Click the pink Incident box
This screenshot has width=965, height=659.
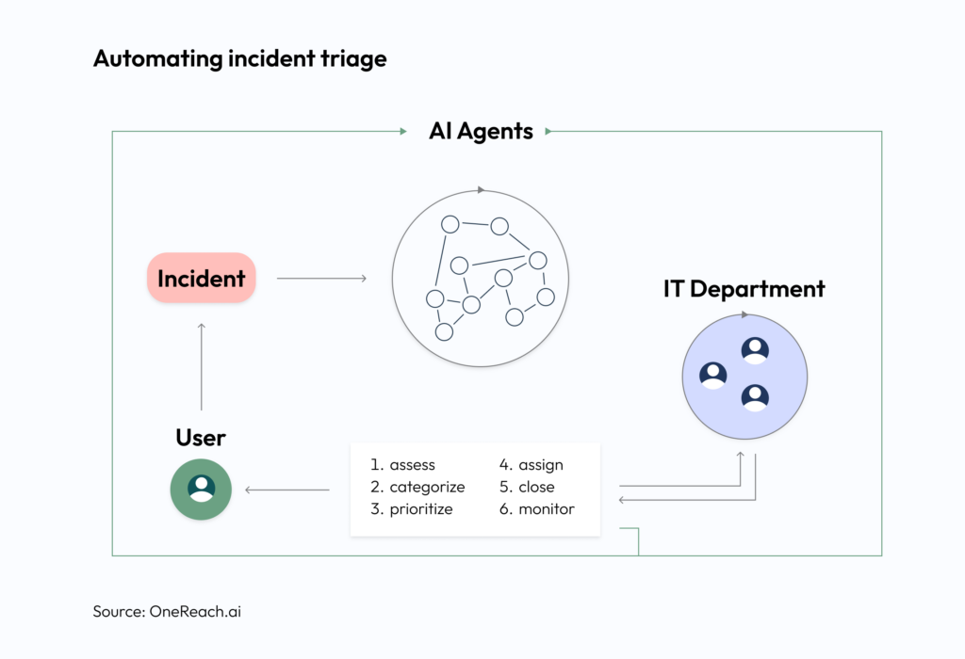[201, 278]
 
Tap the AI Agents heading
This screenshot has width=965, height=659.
[481, 132]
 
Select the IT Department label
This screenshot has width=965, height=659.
[744, 289]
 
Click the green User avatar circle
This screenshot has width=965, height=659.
[201, 490]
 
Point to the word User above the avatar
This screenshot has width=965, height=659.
[201, 438]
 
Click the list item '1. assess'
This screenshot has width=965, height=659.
[402, 465]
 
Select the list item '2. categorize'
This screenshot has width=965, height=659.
[417, 487]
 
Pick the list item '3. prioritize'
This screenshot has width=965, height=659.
[411, 509]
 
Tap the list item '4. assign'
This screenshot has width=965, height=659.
[531, 465]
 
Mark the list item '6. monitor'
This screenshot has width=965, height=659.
[536, 509]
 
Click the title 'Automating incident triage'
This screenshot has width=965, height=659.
[239, 58]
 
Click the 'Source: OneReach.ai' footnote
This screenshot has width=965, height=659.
[173, 611]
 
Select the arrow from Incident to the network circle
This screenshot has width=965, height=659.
[321, 278]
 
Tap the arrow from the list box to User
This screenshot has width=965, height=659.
[287, 490]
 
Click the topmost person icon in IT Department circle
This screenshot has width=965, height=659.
[755, 351]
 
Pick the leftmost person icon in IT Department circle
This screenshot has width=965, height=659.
[713, 376]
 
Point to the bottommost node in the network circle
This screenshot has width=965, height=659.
[444, 331]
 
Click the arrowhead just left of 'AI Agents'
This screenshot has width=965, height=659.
[402, 132]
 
